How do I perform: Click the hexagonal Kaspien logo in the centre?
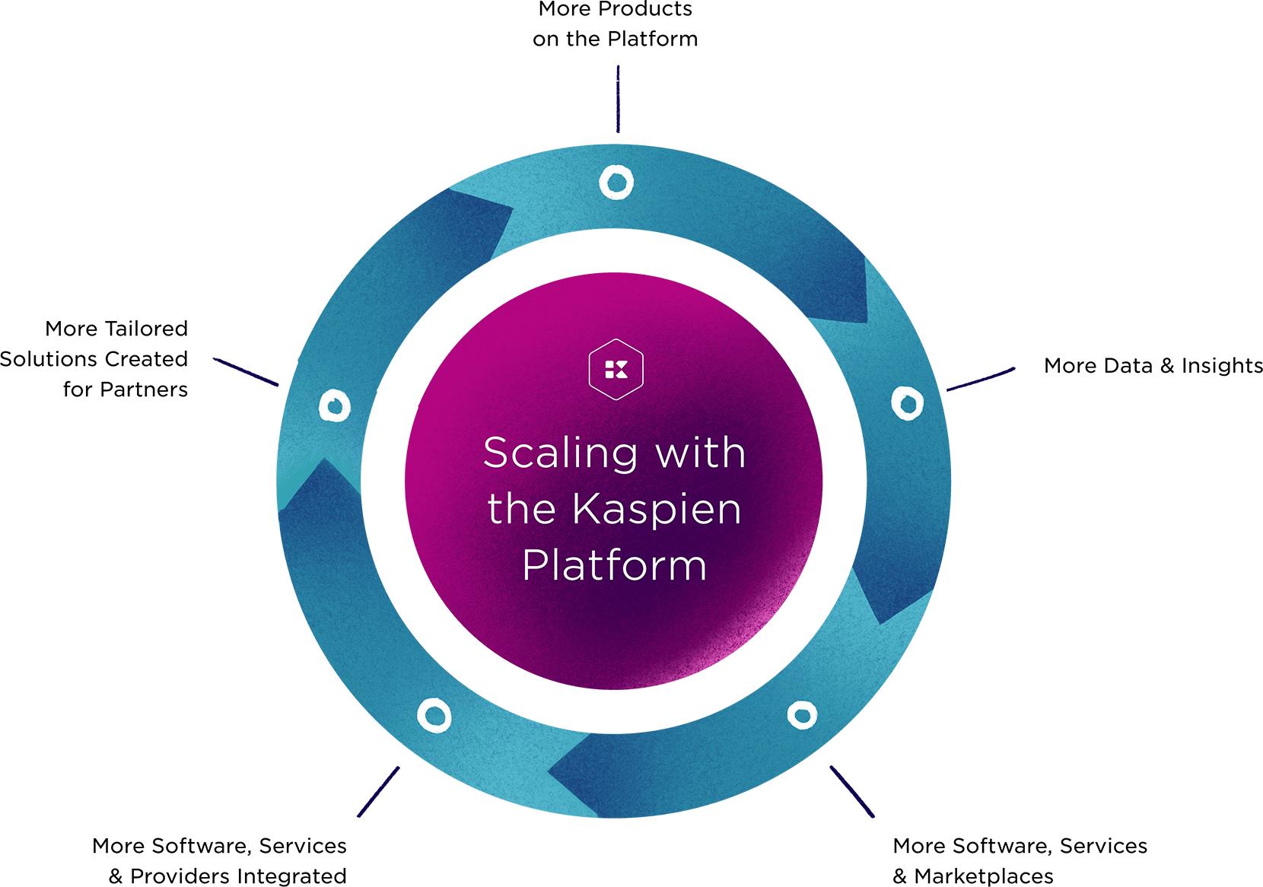(616, 370)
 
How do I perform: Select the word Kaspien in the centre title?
(657, 509)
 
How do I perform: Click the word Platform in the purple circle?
(615, 565)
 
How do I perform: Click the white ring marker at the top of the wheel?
(616, 182)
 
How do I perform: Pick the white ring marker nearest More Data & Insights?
(906, 402)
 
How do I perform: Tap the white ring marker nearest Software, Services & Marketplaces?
(801, 714)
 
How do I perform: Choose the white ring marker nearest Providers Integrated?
(434, 715)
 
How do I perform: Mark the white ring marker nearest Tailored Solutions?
(333, 405)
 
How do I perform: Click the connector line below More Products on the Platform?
(618, 99)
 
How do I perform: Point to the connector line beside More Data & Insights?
(981, 379)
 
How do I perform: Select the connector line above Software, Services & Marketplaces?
(851, 791)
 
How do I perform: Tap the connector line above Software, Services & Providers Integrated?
(378, 791)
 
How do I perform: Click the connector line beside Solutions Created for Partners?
(246, 371)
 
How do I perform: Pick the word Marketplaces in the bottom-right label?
(983, 876)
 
